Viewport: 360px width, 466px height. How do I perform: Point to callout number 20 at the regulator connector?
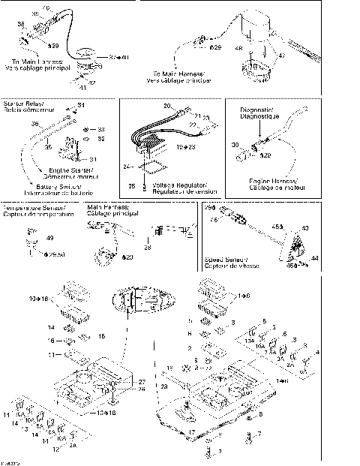tap(167, 106)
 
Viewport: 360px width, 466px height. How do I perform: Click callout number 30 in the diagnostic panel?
tap(235, 144)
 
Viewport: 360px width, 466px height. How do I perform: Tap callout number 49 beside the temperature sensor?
tap(50, 238)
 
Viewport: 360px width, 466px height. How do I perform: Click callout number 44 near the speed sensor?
tap(315, 257)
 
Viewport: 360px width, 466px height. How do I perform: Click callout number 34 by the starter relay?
tap(82, 105)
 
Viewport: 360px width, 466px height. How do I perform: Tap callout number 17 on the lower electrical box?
tap(192, 432)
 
